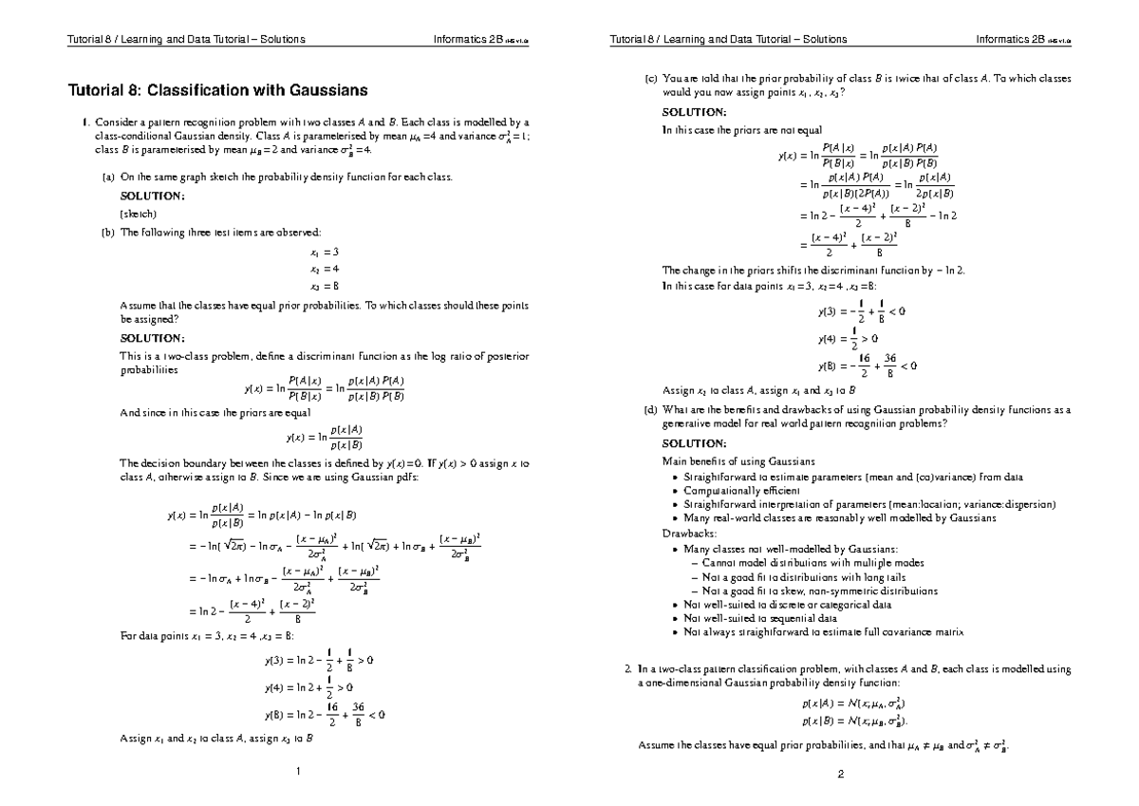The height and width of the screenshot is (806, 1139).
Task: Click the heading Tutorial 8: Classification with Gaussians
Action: point(216,91)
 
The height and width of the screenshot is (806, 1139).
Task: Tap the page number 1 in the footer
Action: point(298,770)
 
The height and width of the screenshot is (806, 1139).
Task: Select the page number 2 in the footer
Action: point(841,770)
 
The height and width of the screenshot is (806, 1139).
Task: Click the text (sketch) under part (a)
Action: point(138,214)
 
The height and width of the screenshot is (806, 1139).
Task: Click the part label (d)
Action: point(649,410)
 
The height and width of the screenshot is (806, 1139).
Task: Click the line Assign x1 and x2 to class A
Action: point(216,738)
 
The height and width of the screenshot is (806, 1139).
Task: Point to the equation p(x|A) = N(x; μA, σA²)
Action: point(840,705)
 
